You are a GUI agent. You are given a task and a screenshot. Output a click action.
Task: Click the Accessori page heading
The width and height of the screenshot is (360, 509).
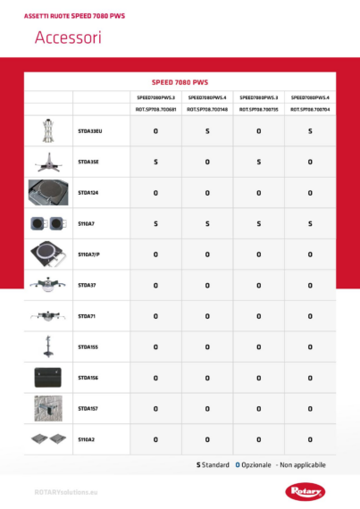[x=68, y=38]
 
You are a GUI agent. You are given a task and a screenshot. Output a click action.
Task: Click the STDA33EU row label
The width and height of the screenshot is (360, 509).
[x=90, y=131]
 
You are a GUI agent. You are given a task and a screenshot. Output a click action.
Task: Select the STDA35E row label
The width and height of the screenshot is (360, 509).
[x=88, y=162]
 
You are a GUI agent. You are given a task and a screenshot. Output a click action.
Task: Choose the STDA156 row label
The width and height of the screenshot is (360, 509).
[x=88, y=378]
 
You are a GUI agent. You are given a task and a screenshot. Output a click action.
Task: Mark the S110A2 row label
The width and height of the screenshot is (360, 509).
[x=87, y=439]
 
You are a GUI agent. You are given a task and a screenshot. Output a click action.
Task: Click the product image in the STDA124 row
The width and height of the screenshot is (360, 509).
[x=48, y=192]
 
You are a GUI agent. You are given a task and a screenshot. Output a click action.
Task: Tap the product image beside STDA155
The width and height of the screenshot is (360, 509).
[x=48, y=346]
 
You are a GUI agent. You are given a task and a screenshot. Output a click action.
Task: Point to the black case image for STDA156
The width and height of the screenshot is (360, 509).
[x=48, y=377]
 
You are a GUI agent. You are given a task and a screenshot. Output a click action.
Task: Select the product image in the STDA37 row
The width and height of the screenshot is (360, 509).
[x=48, y=285]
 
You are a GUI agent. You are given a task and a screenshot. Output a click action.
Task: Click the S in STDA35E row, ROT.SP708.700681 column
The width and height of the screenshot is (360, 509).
[x=155, y=162]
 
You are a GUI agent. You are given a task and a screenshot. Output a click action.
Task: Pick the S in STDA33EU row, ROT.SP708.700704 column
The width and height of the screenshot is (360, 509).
[x=310, y=131]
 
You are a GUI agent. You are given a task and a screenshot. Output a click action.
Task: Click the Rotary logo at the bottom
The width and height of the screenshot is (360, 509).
[x=309, y=490]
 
